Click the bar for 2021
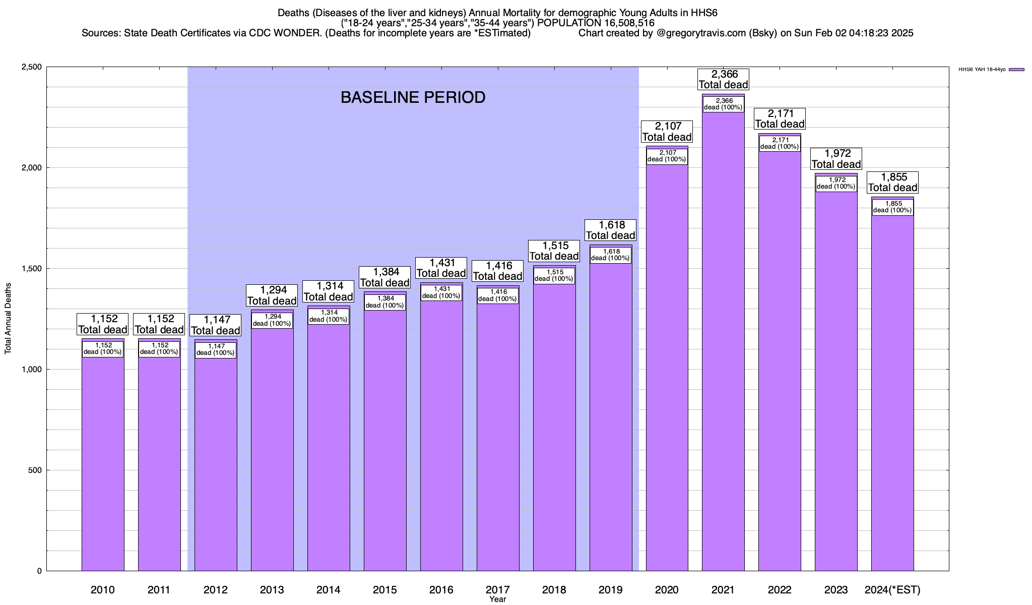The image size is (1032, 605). click(723, 353)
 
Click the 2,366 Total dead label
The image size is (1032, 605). click(723, 80)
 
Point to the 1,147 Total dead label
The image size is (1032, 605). click(216, 325)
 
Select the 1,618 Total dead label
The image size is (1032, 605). click(610, 230)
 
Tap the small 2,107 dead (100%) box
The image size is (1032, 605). click(667, 156)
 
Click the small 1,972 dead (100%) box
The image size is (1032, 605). click(836, 183)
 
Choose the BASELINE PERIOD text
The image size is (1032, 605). click(413, 97)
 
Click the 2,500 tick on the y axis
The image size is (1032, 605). click(32, 67)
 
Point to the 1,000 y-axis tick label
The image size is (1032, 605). click(32, 370)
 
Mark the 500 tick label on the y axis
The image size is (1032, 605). click(35, 470)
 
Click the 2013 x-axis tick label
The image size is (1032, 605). click(272, 589)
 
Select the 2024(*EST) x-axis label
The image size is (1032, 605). click(892, 589)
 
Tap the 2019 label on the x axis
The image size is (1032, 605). click(610, 589)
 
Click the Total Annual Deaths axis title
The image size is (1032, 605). click(8, 319)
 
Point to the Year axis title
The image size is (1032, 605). click(497, 599)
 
